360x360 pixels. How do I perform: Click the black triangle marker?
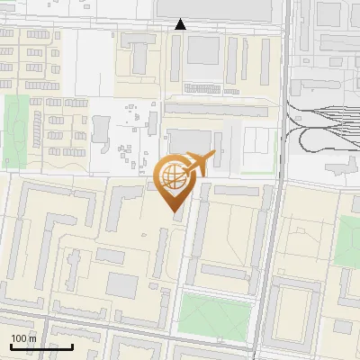click(181, 24)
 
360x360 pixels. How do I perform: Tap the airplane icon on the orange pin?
click(198, 165)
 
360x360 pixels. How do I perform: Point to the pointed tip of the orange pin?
click(173, 211)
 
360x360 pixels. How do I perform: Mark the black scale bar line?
click(40, 346)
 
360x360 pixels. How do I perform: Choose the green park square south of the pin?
click(214, 313)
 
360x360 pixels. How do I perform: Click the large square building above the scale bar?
click(121, 285)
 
